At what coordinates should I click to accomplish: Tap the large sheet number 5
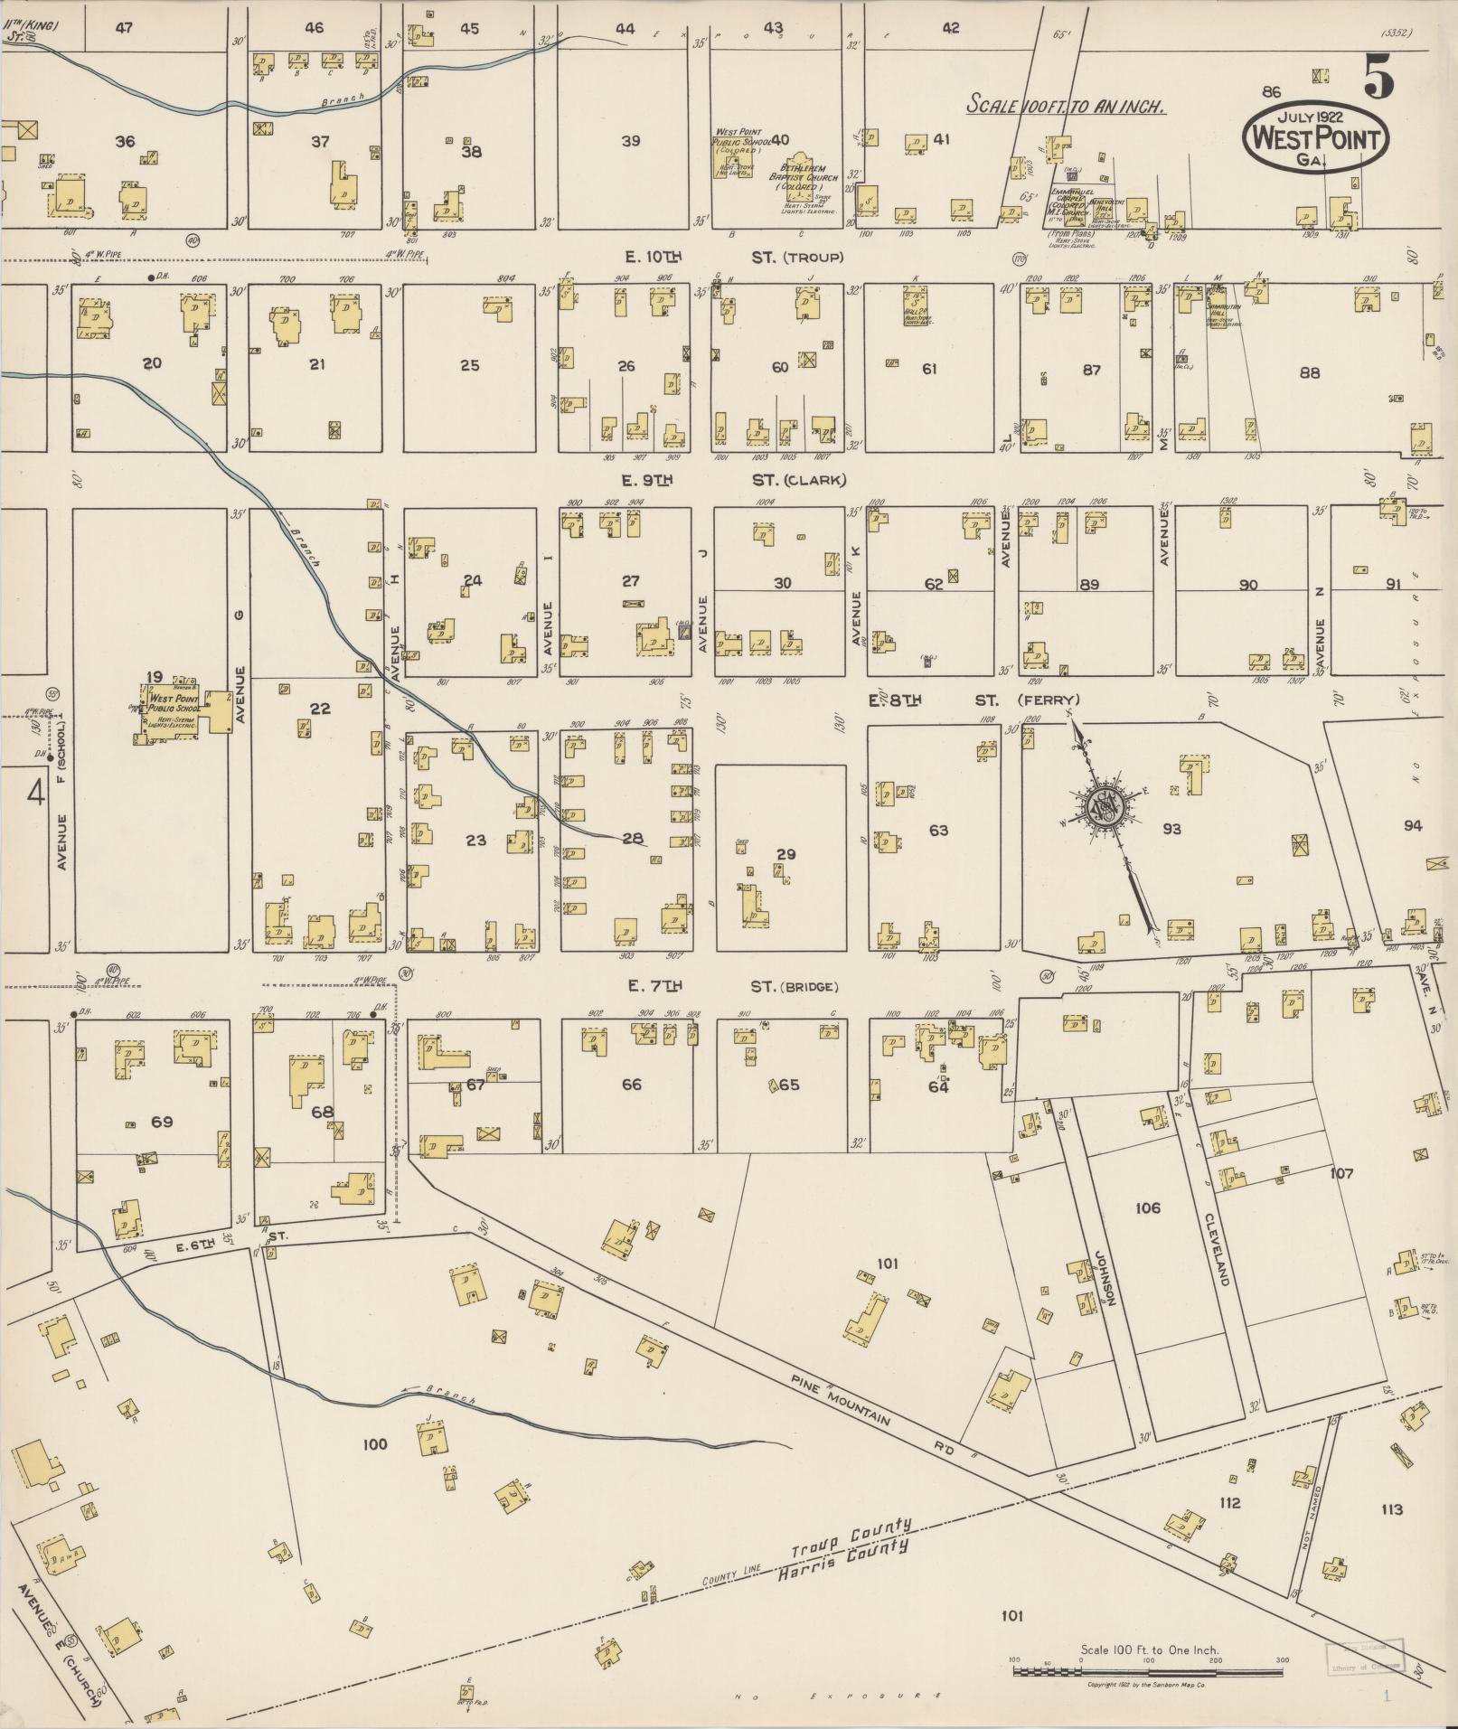pyautogui.click(x=1378, y=76)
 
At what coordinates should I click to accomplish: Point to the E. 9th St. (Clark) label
pyautogui.click(x=732, y=480)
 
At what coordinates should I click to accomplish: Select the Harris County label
pyautogui.click(x=842, y=1555)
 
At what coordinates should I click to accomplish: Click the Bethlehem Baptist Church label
pyautogui.click(x=804, y=177)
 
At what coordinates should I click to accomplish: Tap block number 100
pyautogui.click(x=374, y=1444)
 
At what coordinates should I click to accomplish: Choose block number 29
pyautogui.click(x=785, y=854)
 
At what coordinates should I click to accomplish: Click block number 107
pyautogui.click(x=1341, y=1173)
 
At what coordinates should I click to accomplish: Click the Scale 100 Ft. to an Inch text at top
pyautogui.click(x=1066, y=105)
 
